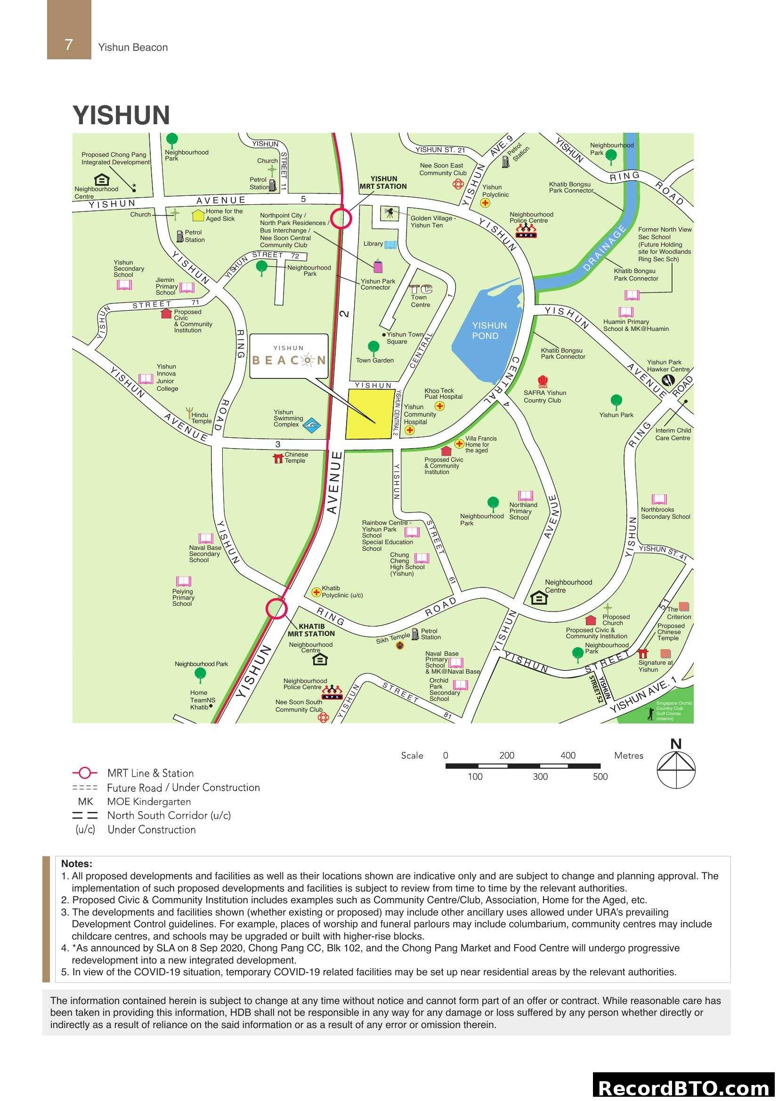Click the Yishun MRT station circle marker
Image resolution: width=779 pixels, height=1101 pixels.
(341, 218)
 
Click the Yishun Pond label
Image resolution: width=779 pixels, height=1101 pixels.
(488, 330)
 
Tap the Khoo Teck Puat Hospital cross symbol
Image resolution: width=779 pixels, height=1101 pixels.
(439, 406)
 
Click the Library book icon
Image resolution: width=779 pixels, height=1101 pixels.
(390, 245)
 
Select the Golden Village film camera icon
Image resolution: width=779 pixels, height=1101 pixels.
(389, 213)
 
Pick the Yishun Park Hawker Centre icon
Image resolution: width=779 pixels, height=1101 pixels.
(668, 380)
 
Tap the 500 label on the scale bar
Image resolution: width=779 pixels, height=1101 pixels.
(600, 777)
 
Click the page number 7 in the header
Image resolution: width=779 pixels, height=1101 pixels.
(69, 45)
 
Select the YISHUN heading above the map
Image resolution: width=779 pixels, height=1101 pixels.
(122, 115)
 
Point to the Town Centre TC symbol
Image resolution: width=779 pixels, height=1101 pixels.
(421, 289)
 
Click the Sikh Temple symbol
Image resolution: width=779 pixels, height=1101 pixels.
(400, 645)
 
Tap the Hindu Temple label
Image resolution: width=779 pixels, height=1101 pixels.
(201, 418)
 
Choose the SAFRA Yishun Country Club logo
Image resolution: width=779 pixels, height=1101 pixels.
(543, 381)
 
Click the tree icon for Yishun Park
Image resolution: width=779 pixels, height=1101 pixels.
(617, 401)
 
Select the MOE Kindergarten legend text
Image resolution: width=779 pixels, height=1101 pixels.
(149, 801)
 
